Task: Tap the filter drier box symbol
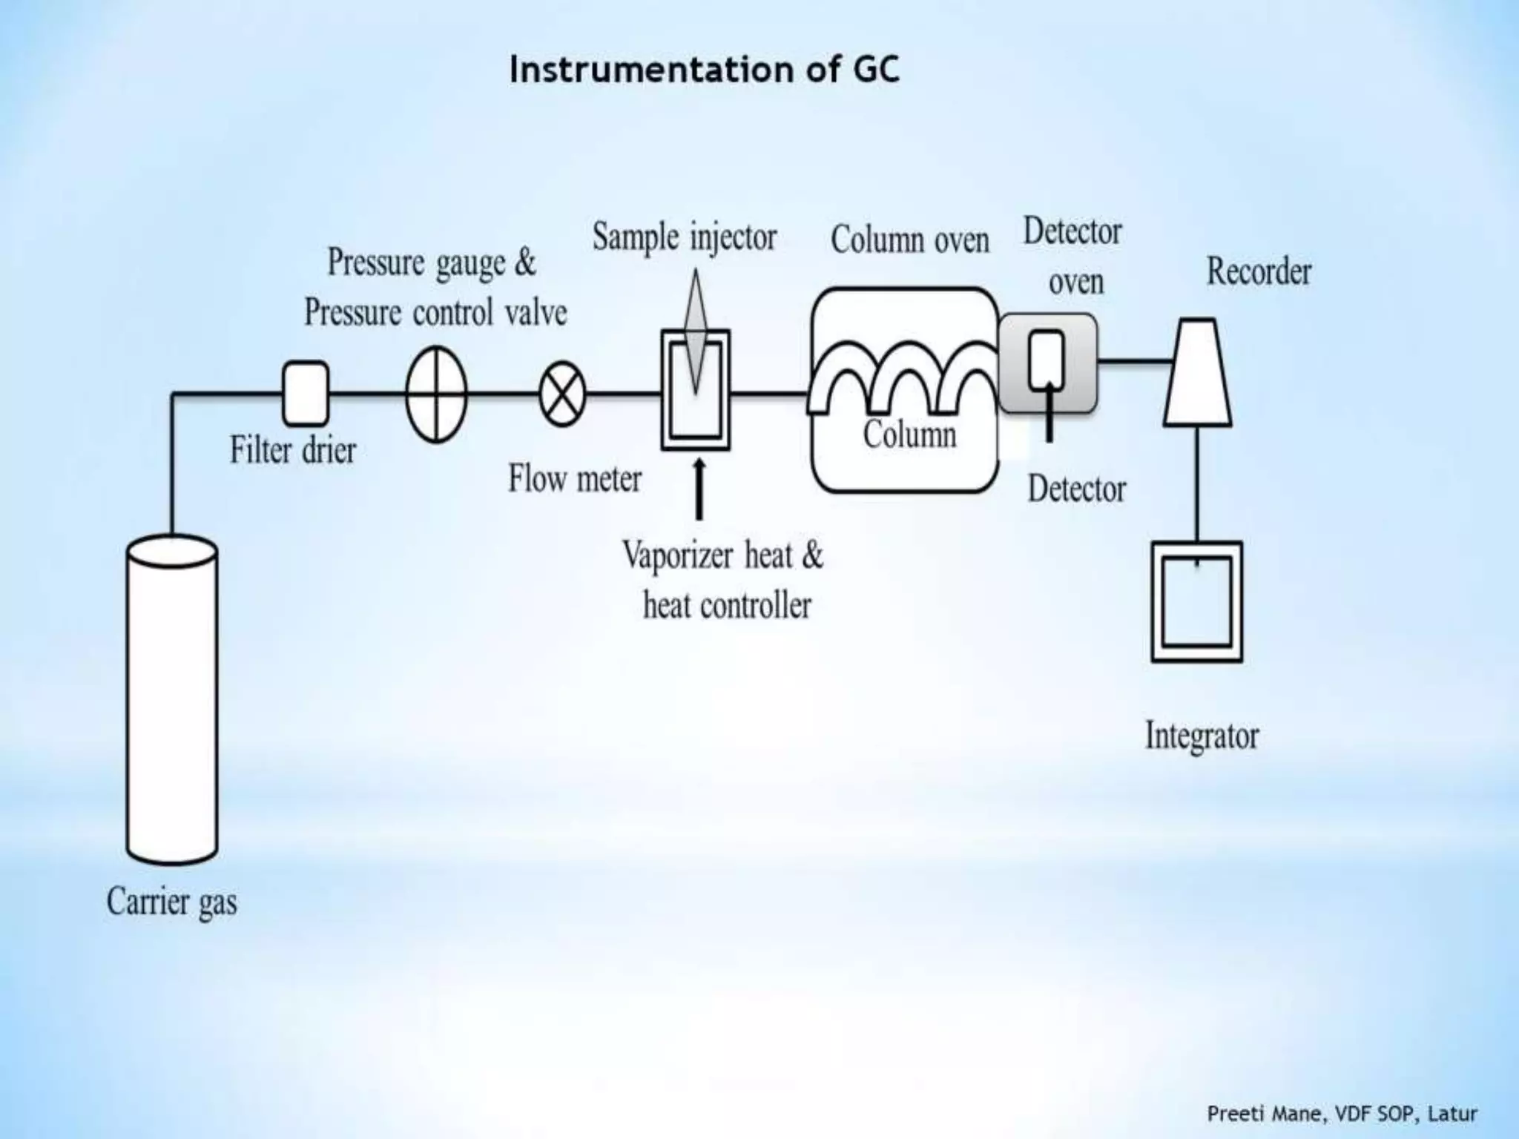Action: [x=306, y=393]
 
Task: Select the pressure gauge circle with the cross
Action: [x=436, y=394]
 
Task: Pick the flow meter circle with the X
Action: [x=562, y=394]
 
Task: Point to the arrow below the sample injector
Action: [x=698, y=489]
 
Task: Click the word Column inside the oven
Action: [x=909, y=434]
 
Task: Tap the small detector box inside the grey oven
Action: [x=1047, y=359]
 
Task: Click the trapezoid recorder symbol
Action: [x=1198, y=373]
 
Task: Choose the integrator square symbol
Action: [x=1196, y=601]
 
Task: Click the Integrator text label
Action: [x=1202, y=736]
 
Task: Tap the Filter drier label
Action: [x=293, y=450]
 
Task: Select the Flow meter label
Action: [x=575, y=478]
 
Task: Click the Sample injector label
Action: [x=684, y=238]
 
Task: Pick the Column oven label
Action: [x=909, y=240]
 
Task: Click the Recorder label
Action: [x=1259, y=271]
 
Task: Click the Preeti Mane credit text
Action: [x=1342, y=1113]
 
